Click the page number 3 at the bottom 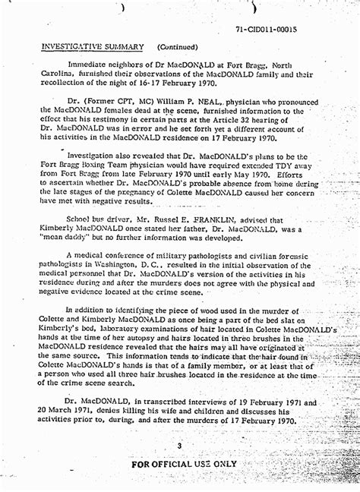point(179,446)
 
